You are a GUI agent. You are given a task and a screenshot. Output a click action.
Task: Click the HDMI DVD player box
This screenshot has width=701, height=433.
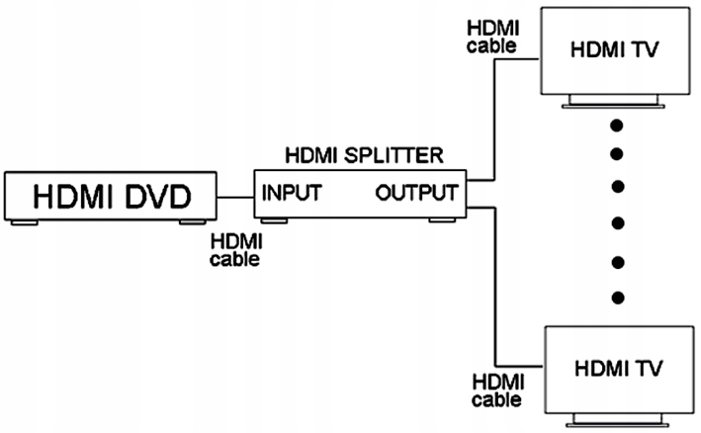[x=109, y=197]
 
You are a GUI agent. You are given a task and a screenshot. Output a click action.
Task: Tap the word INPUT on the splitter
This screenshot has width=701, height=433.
[x=291, y=192]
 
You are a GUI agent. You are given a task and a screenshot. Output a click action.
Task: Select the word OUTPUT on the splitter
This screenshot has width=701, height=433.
[x=416, y=192]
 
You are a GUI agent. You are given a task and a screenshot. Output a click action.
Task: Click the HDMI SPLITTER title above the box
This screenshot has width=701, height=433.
[x=363, y=155]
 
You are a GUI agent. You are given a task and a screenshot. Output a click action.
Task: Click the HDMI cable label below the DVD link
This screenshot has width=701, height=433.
[x=235, y=251]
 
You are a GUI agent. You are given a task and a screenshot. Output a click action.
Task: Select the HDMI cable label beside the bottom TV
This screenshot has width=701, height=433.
[x=497, y=390]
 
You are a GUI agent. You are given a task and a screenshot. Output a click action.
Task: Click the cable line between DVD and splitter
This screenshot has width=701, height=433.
[x=234, y=197]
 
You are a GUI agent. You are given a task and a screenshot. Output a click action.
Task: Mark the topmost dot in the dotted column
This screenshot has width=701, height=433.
[x=618, y=126]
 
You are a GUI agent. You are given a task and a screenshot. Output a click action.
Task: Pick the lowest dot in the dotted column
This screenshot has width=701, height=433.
[x=618, y=298]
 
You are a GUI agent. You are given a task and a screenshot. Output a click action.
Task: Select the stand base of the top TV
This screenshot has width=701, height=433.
[x=615, y=104]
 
